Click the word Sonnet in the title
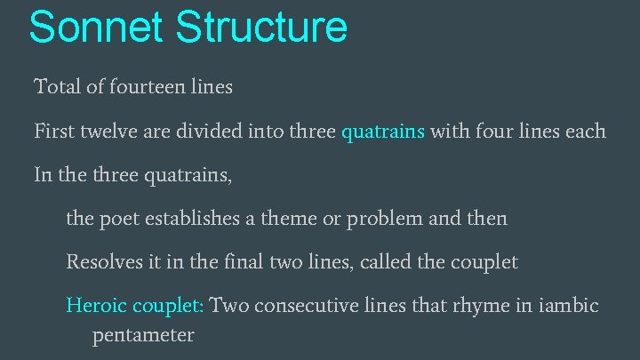(96, 27)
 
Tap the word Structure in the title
(260, 27)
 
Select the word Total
(55, 87)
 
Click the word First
(53, 132)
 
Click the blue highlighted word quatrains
(383, 132)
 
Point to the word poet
(115, 219)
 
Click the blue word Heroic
(97, 306)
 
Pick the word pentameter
(142, 336)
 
